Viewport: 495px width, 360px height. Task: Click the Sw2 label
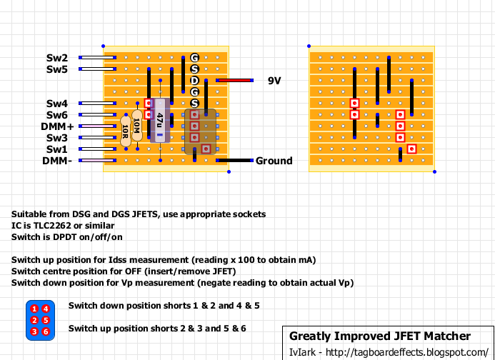(57, 58)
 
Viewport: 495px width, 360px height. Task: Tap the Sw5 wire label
(57, 69)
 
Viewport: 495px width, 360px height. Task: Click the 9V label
(274, 81)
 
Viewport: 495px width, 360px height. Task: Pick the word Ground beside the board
(274, 161)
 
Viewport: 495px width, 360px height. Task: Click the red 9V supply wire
(235, 81)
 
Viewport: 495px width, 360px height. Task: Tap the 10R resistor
(126, 129)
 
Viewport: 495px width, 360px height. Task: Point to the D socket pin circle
(194, 80)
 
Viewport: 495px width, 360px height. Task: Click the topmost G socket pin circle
(194, 57)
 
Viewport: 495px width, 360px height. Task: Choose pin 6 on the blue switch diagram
(44, 331)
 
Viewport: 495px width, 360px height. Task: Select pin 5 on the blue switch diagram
(44, 320)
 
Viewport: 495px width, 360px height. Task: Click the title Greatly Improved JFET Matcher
(379, 336)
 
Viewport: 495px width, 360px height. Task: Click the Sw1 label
(57, 149)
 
